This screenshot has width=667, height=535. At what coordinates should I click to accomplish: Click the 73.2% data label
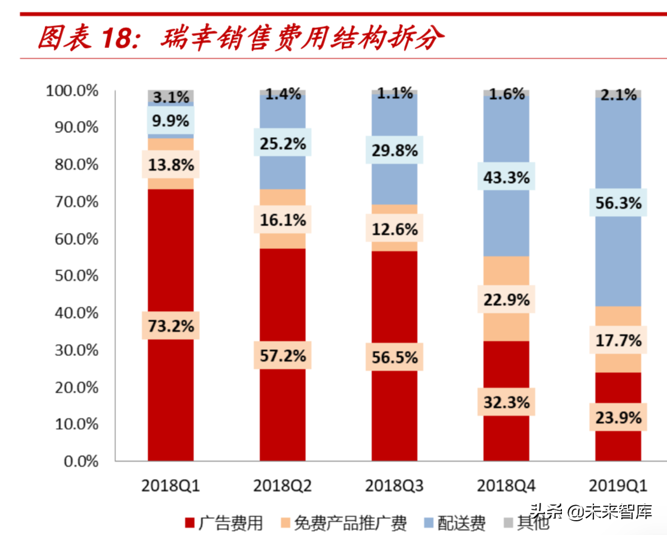(170, 326)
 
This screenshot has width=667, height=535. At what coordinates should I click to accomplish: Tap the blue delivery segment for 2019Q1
(618, 257)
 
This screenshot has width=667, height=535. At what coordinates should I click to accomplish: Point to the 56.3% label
(618, 203)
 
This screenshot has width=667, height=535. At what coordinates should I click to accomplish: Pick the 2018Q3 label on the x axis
(394, 487)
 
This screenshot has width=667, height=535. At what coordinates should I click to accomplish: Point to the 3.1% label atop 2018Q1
(170, 98)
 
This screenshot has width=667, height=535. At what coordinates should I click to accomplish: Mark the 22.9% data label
(506, 299)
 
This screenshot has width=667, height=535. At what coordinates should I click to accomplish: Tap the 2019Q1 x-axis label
(618, 487)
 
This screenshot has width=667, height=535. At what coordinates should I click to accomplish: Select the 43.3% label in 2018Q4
(506, 177)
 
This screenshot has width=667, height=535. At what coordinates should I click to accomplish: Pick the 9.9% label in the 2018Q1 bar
(170, 121)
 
